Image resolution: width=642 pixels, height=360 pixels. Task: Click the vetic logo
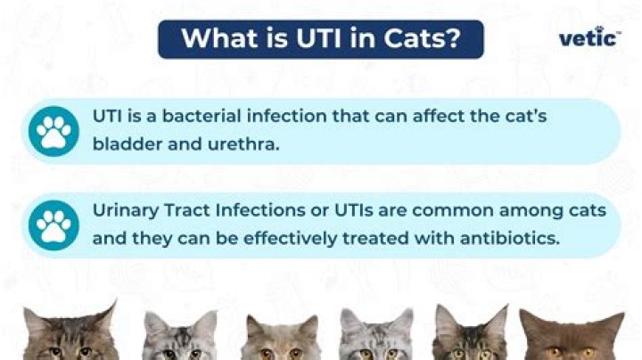coord(589,37)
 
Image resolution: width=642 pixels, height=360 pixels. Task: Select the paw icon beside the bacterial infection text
coord(53,130)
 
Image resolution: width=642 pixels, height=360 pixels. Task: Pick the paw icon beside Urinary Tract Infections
coord(53,225)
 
